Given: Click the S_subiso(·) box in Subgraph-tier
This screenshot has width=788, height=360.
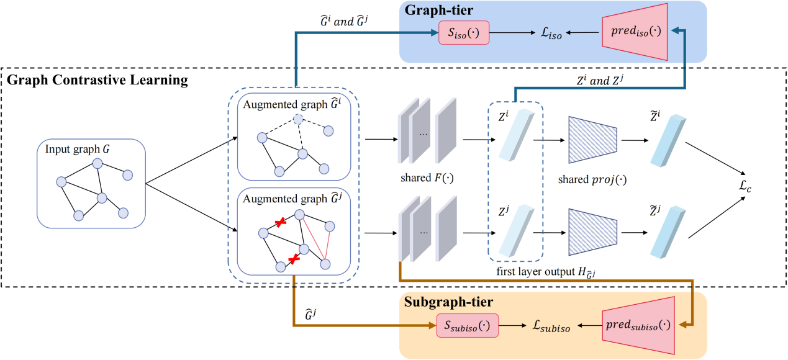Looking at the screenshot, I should tap(463, 325).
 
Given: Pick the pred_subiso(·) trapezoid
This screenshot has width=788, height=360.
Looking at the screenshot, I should tap(637, 325).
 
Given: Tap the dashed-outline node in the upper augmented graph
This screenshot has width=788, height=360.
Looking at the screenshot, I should tap(298, 119).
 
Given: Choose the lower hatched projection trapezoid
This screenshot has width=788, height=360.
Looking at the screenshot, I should tap(592, 231).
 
